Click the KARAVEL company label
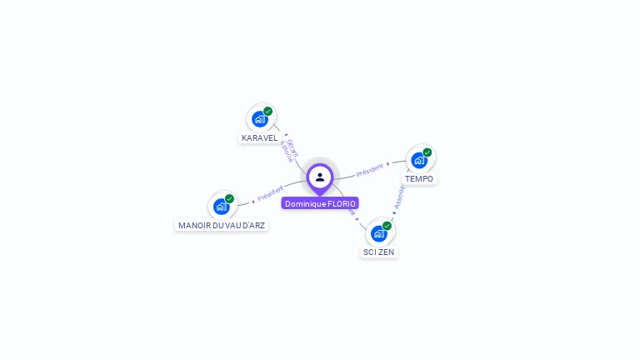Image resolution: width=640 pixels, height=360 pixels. [x=260, y=137]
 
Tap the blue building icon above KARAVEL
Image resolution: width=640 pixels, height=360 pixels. [x=259, y=119]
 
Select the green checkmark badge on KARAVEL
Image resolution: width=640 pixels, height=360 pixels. [x=267, y=111]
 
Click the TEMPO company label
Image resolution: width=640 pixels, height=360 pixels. [x=419, y=178]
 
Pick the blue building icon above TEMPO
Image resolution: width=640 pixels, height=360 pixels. [x=418, y=159]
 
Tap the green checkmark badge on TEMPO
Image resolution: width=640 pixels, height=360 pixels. [x=427, y=152]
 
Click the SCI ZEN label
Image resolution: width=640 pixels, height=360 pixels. [x=379, y=252]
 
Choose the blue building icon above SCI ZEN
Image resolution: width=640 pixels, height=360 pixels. [x=378, y=233]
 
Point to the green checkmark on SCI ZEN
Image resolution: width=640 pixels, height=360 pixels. [x=387, y=225]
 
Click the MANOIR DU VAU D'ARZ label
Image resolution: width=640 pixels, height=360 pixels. [x=222, y=225]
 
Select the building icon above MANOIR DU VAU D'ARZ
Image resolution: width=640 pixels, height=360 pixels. [x=221, y=206]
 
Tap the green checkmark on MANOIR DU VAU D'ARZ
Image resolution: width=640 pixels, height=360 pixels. [x=229, y=198]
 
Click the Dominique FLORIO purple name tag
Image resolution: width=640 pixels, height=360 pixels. [x=320, y=203]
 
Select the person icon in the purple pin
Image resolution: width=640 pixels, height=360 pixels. [x=320, y=177]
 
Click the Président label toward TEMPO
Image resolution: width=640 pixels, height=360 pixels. [x=369, y=170]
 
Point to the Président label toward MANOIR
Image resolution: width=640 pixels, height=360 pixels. [x=271, y=193]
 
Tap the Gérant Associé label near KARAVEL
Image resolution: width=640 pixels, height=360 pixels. [x=289, y=150]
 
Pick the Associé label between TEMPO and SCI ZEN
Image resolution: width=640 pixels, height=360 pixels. [x=400, y=197]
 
